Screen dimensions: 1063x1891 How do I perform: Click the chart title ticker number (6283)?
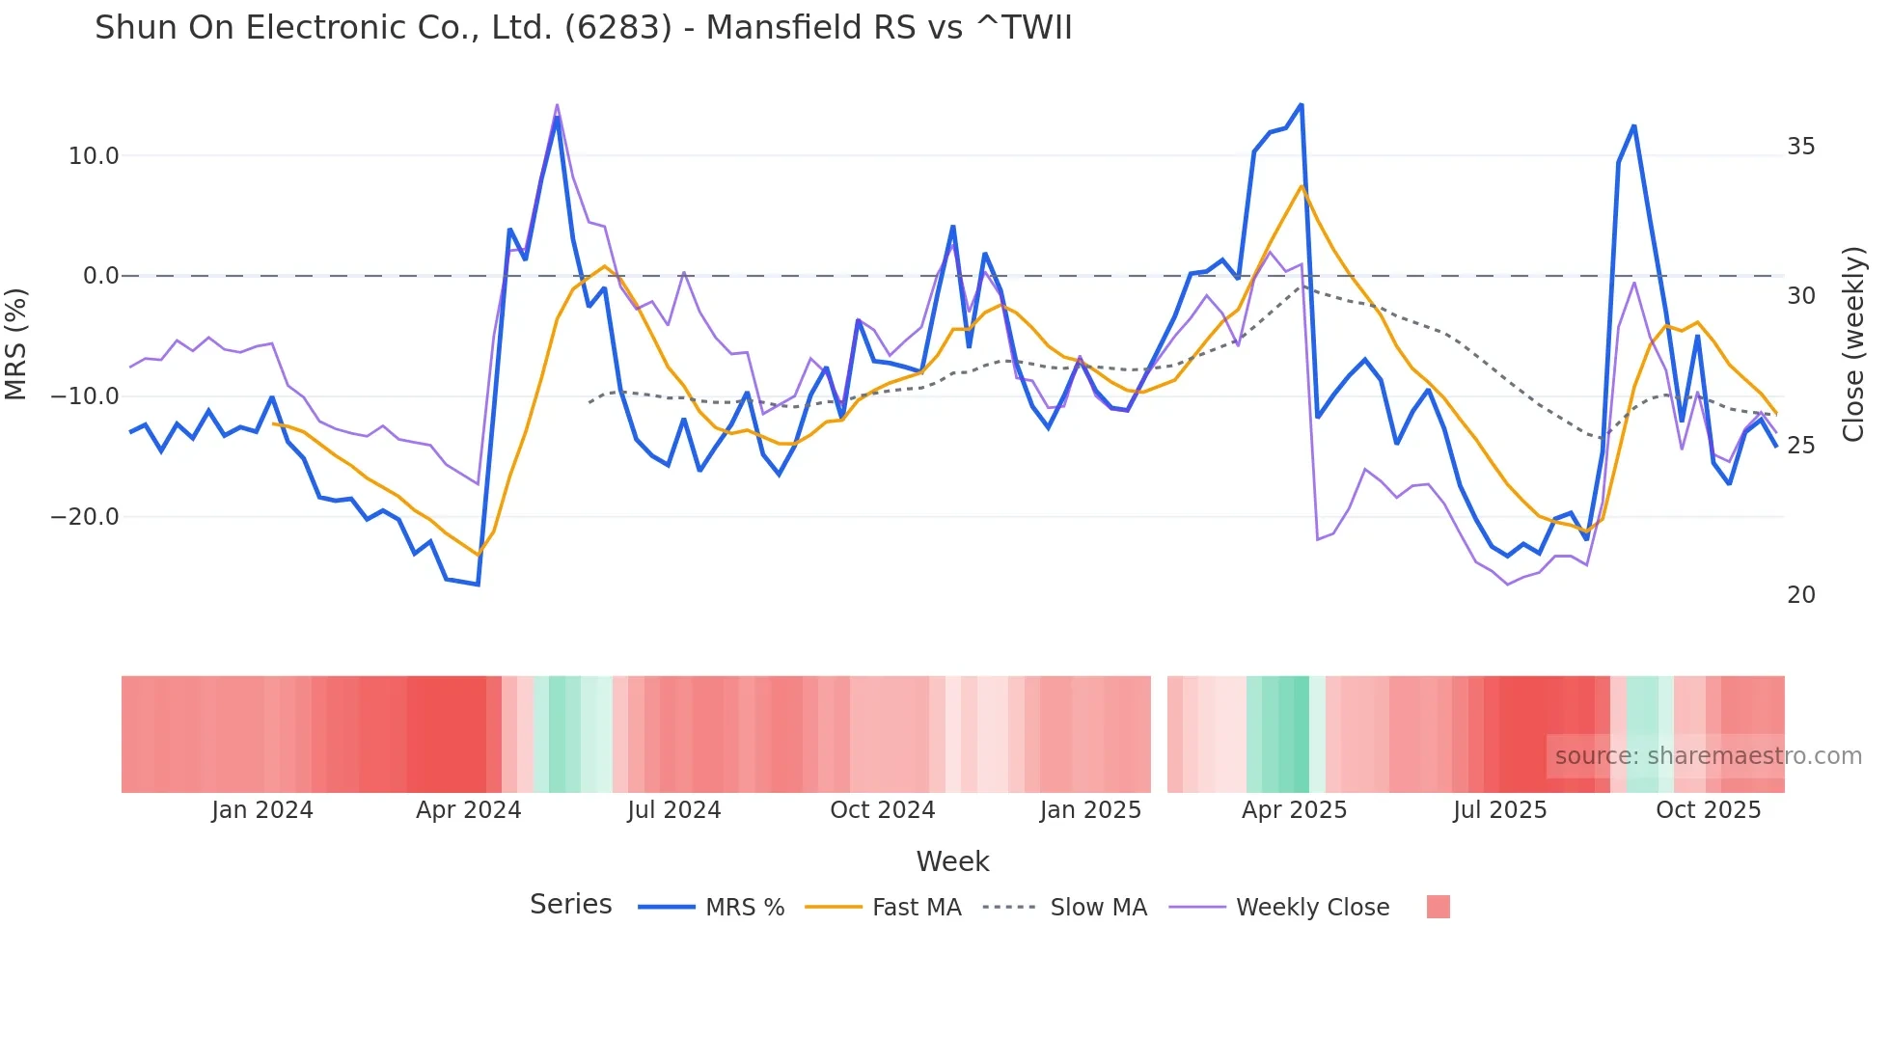pos(617,28)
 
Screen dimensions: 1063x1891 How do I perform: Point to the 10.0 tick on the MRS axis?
pos(94,156)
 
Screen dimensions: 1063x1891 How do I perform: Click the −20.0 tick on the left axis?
pos(85,517)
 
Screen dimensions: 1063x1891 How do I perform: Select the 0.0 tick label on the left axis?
pos(101,276)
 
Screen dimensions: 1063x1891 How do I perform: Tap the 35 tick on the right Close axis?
pos(1800,147)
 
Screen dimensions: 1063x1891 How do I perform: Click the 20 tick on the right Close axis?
pos(1800,595)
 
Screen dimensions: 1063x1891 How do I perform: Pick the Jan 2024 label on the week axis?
pos(262,810)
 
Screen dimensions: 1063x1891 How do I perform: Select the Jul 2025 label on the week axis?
pos(1499,810)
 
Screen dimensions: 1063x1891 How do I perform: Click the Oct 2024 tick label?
pos(882,810)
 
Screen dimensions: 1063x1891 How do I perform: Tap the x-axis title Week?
pos(952,861)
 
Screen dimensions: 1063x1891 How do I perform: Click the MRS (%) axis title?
pos(16,343)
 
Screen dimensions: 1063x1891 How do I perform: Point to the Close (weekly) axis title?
pos(1852,343)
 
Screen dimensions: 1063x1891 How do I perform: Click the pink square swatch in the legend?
pos(1438,907)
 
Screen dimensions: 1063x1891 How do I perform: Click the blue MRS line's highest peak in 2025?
pos(1301,104)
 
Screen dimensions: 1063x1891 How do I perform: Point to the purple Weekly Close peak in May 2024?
pos(557,105)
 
